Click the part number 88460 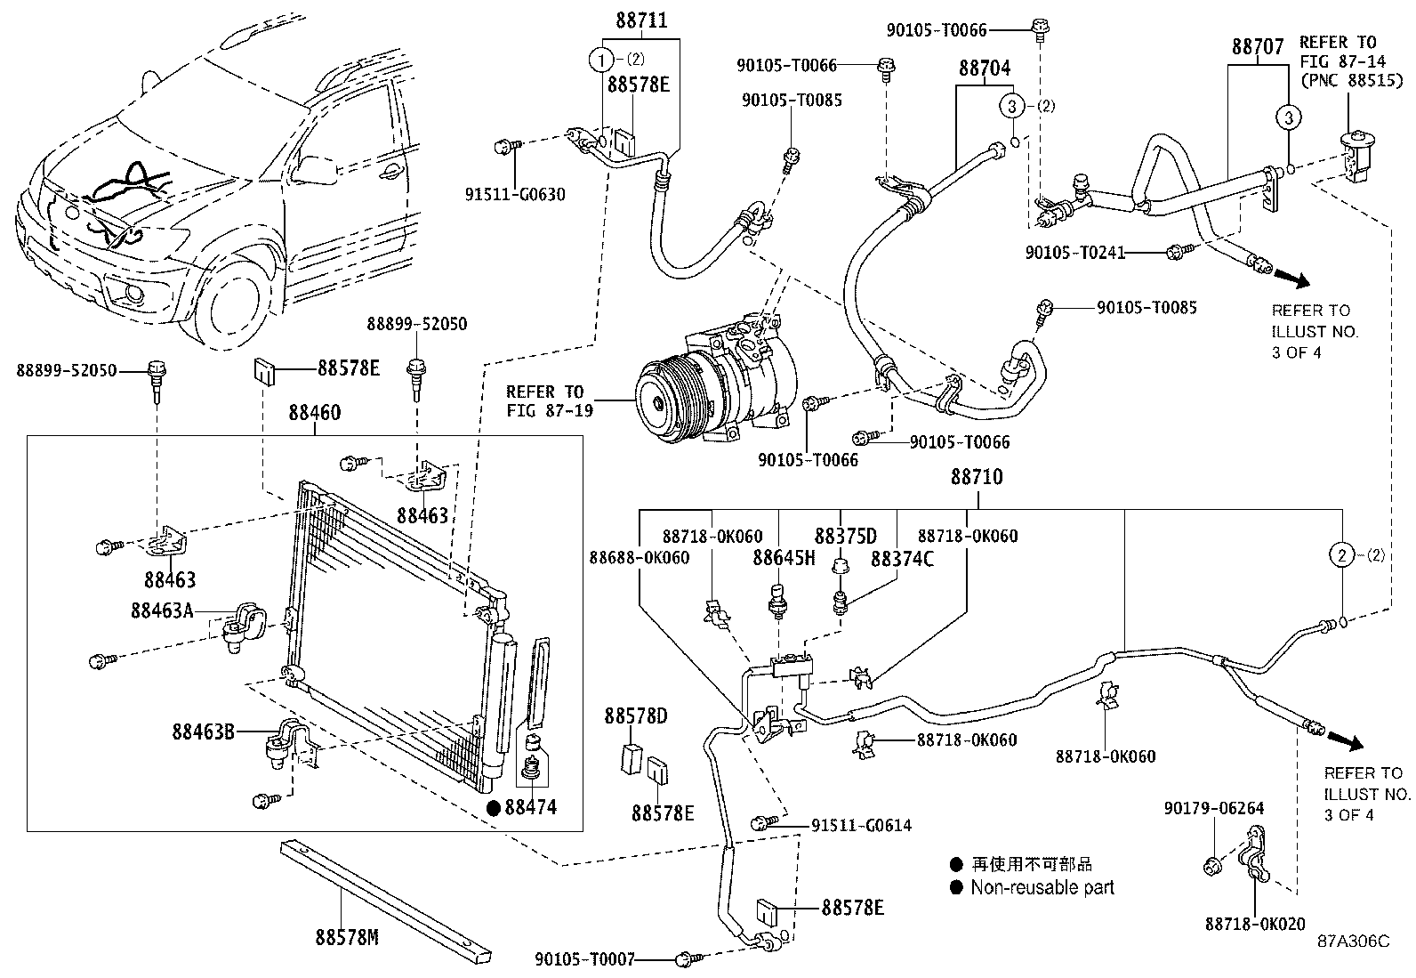point(314,413)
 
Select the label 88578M point(346,936)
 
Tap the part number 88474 point(530,807)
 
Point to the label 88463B point(204,732)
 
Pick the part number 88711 point(640,20)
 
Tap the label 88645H point(784,558)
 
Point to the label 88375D point(845,536)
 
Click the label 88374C point(902,558)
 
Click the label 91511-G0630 point(515,194)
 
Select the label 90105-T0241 point(1074,253)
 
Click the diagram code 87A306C point(1353,942)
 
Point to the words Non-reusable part point(1042,887)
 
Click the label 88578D point(636,716)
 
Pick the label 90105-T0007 point(585,959)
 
